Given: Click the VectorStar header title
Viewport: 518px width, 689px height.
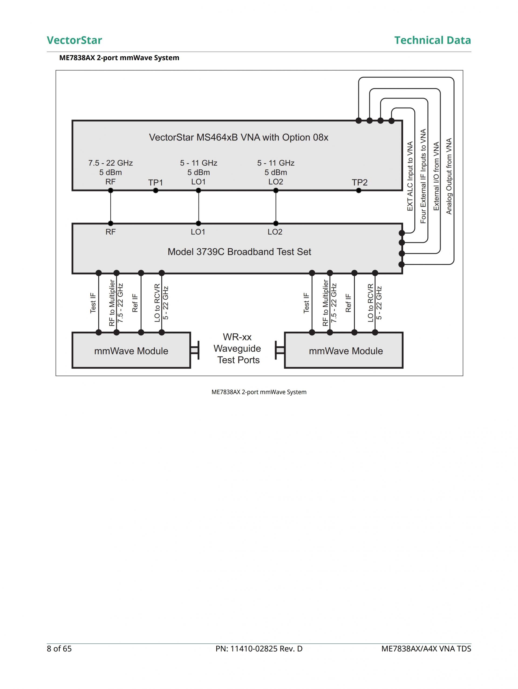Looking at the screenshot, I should click(x=74, y=40).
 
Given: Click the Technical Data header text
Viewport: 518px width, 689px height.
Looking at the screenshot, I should click(x=432, y=40).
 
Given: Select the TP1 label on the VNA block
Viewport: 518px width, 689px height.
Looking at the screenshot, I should click(x=155, y=183).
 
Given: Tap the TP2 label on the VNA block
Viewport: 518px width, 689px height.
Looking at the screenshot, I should click(x=359, y=183).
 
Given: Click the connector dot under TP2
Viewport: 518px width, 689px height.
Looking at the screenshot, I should click(x=359, y=191).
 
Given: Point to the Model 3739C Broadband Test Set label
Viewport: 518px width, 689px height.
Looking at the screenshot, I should click(x=239, y=252).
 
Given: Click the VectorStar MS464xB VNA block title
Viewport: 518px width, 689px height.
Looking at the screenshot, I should click(x=238, y=137).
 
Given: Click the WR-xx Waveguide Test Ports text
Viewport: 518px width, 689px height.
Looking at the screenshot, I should click(x=237, y=349).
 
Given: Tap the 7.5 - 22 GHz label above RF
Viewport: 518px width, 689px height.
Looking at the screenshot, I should click(x=110, y=163).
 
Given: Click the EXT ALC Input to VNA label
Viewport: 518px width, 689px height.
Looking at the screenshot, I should click(x=410, y=176).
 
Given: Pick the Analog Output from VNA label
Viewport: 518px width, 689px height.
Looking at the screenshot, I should click(x=449, y=176).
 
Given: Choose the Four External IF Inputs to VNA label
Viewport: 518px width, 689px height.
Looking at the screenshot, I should click(x=423, y=176).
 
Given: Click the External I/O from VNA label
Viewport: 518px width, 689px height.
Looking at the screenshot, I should click(x=436, y=176).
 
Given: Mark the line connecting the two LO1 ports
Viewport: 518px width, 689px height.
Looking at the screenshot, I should click(x=199, y=207).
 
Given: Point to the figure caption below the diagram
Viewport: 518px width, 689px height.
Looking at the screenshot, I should click(x=259, y=392).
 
